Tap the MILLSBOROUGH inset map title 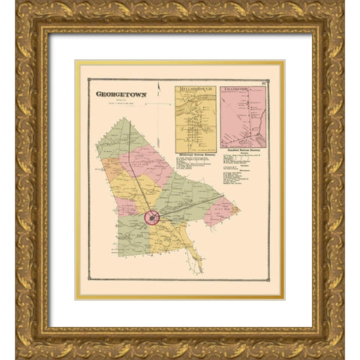coord(196,89)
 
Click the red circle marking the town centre coord(152,218)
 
